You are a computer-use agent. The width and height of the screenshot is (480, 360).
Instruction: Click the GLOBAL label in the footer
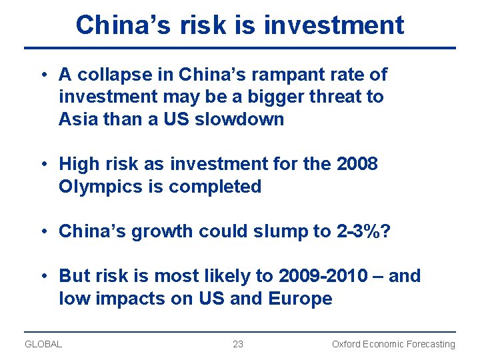43,345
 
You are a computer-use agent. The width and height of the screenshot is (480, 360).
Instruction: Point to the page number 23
238,345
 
